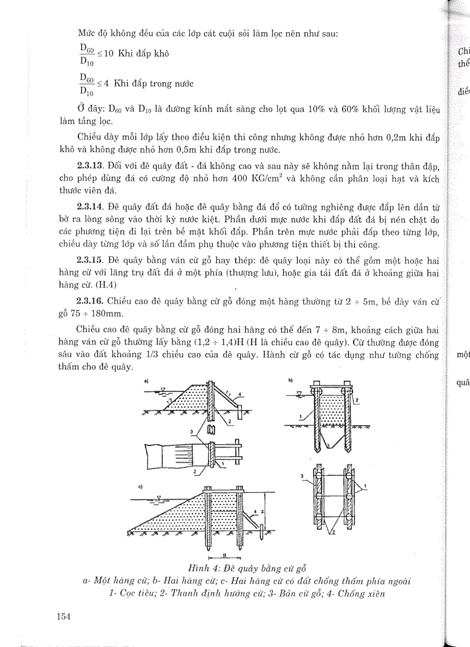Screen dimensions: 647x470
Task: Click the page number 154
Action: tap(63, 616)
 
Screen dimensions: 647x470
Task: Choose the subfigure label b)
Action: tap(290, 381)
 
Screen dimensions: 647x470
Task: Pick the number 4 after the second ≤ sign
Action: tap(107, 84)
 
